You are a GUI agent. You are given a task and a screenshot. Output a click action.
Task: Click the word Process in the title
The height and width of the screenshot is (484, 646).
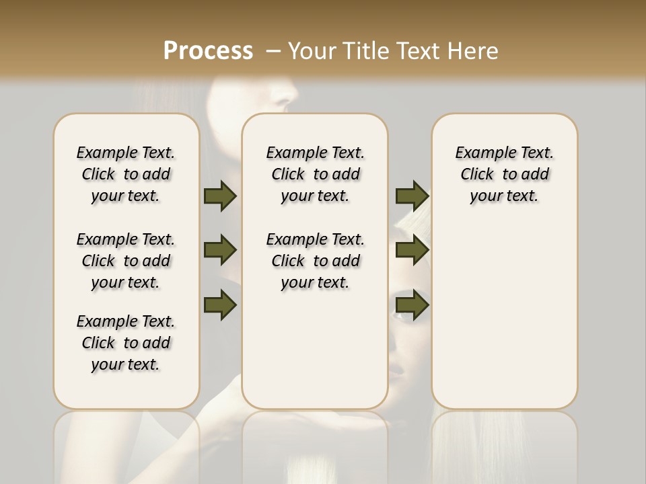pos(208,51)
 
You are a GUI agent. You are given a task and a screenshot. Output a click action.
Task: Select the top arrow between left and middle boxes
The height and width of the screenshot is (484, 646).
pos(220,196)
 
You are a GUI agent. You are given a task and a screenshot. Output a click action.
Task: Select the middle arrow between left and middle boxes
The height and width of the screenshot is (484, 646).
pos(220,250)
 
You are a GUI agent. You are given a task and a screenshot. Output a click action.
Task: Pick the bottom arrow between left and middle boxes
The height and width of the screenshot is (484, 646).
pos(220,305)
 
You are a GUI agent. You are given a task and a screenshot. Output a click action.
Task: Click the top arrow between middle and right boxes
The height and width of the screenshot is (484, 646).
pos(412,196)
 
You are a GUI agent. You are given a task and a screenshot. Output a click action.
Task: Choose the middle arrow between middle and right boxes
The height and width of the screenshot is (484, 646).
pos(412,250)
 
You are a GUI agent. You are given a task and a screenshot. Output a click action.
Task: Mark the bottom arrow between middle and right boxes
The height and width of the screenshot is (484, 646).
pos(412,305)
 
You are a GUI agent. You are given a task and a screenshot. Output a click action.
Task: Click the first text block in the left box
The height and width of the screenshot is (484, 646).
pos(126,174)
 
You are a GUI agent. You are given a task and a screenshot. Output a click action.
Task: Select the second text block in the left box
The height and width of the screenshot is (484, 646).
pos(126,261)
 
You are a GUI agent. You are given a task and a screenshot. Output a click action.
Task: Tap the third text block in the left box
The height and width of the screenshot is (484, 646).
pos(126,343)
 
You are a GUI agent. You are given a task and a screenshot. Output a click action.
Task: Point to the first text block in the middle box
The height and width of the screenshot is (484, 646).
pos(315,174)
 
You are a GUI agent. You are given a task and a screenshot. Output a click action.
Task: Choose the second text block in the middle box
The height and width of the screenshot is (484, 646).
pos(315,261)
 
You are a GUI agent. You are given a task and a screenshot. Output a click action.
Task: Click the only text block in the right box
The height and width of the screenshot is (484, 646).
pos(504,174)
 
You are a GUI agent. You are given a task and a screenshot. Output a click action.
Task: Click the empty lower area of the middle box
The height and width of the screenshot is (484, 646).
pos(315,350)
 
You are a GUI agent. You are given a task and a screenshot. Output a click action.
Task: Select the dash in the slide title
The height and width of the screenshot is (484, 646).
pos(273,51)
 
